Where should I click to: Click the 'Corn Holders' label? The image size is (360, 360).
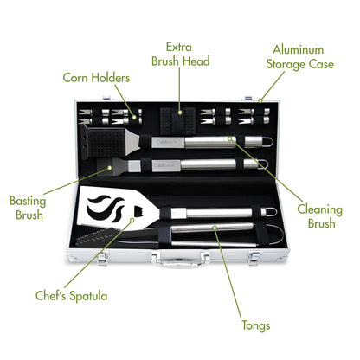(96, 78)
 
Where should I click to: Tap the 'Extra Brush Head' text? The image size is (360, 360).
(181, 54)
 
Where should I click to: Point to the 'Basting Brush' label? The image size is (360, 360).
(29, 207)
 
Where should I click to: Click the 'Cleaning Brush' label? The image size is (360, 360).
(319, 215)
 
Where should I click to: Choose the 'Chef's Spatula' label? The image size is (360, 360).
(72, 296)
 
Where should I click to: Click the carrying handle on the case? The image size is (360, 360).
(180, 260)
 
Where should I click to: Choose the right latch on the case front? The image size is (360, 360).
(260, 257)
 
